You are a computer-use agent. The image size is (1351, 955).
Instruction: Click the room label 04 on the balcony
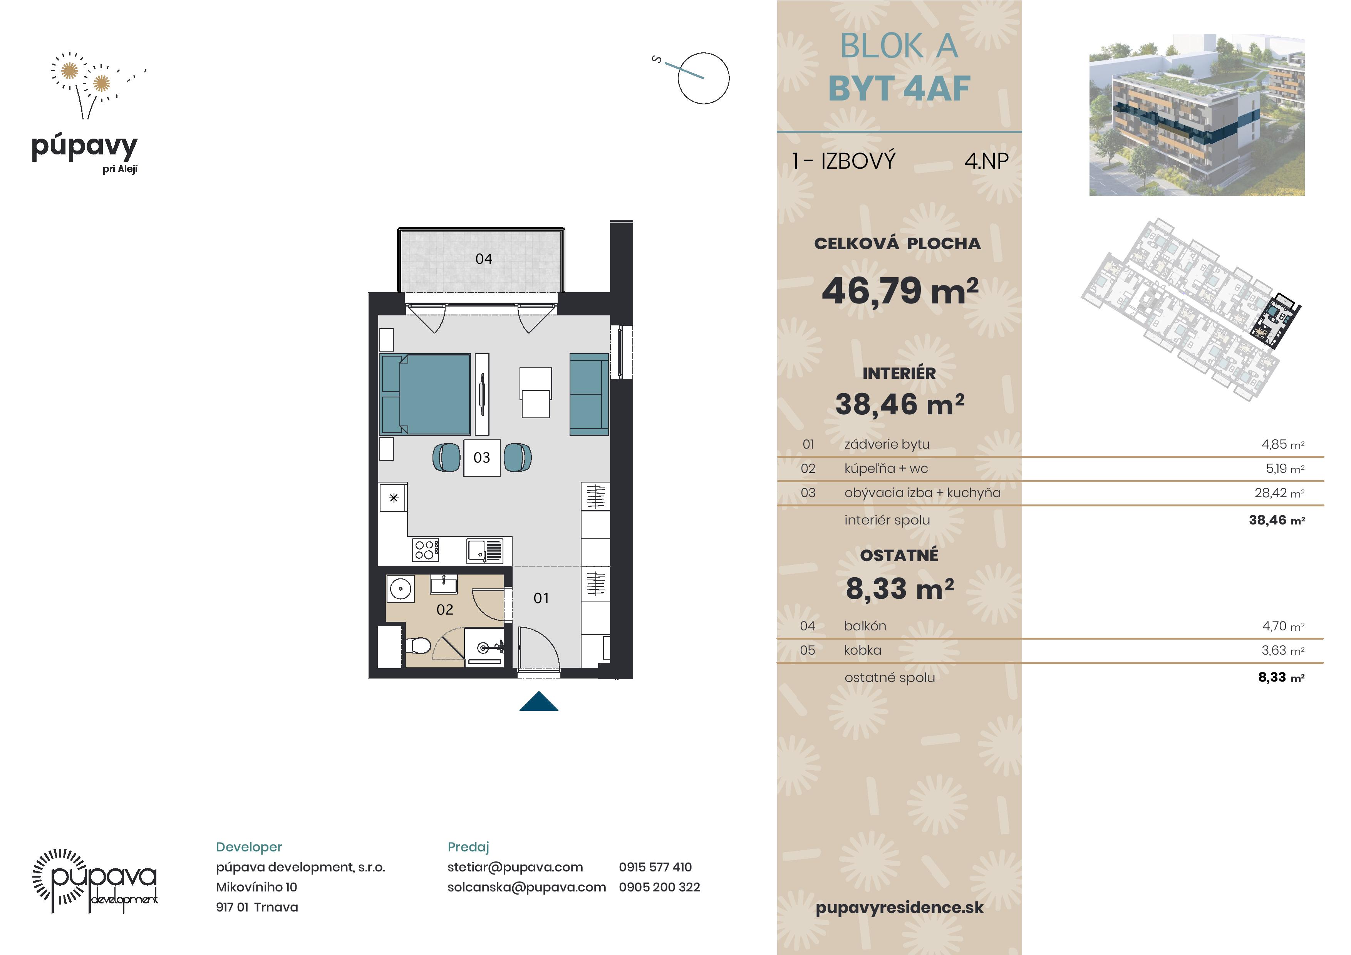tap(484, 259)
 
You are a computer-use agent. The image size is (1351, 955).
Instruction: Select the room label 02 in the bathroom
tap(445, 610)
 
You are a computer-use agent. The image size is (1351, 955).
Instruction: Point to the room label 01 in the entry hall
tap(541, 598)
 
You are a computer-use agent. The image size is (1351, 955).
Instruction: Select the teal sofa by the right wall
tap(589, 394)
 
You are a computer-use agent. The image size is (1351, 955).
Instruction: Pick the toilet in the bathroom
tap(418, 646)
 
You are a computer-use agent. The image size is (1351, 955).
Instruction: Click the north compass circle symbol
tap(703, 78)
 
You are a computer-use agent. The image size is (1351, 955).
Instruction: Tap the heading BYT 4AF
tap(899, 89)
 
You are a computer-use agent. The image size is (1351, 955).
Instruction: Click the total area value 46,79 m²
tap(900, 291)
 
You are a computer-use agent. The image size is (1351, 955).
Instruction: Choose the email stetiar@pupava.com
tap(515, 867)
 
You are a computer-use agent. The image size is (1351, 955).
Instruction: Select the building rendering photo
tap(1197, 115)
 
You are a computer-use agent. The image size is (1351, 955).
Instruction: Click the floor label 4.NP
tap(986, 161)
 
